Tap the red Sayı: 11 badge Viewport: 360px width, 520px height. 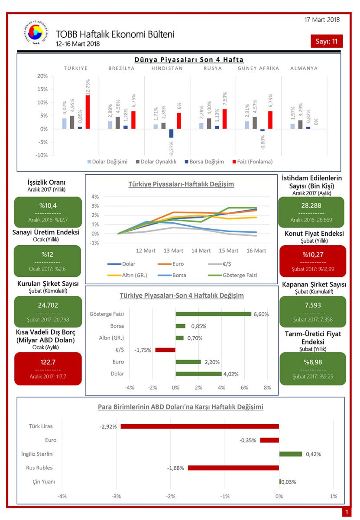click(x=326, y=41)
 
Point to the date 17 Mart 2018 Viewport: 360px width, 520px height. click(x=322, y=19)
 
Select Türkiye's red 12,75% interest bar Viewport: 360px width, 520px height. click(x=88, y=112)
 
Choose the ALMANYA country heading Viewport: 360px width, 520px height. click(x=304, y=68)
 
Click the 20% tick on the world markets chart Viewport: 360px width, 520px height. click(x=42, y=76)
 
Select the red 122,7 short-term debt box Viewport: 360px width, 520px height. click(x=48, y=368)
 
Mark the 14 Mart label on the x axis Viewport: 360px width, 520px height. click(x=201, y=250)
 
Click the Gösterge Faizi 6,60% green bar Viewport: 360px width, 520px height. click(x=213, y=314)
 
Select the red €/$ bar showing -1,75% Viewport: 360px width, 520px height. click(x=165, y=350)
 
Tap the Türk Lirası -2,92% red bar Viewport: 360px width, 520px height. click(x=200, y=426)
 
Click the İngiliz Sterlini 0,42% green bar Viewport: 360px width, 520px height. click(x=290, y=454)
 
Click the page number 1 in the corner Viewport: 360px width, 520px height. click(x=346, y=512)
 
